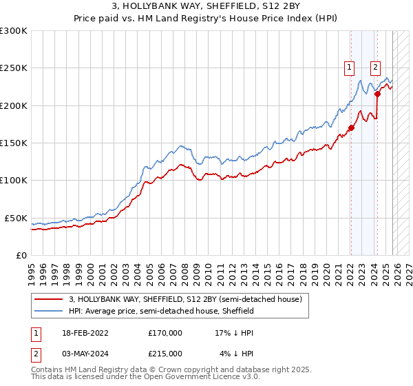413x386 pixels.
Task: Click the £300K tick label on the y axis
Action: point(14,31)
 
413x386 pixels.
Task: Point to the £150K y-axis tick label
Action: point(14,143)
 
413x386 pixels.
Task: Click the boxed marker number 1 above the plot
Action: point(350,68)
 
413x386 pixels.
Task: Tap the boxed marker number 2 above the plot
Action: point(375,68)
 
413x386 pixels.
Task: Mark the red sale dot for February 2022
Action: point(351,128)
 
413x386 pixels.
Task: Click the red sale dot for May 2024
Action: point(378,94)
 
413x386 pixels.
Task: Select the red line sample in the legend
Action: point(48,300)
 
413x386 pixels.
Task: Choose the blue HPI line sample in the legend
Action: point(48,312)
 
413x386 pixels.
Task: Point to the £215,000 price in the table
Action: point(165,354)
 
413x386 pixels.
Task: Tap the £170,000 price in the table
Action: point(165,332)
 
